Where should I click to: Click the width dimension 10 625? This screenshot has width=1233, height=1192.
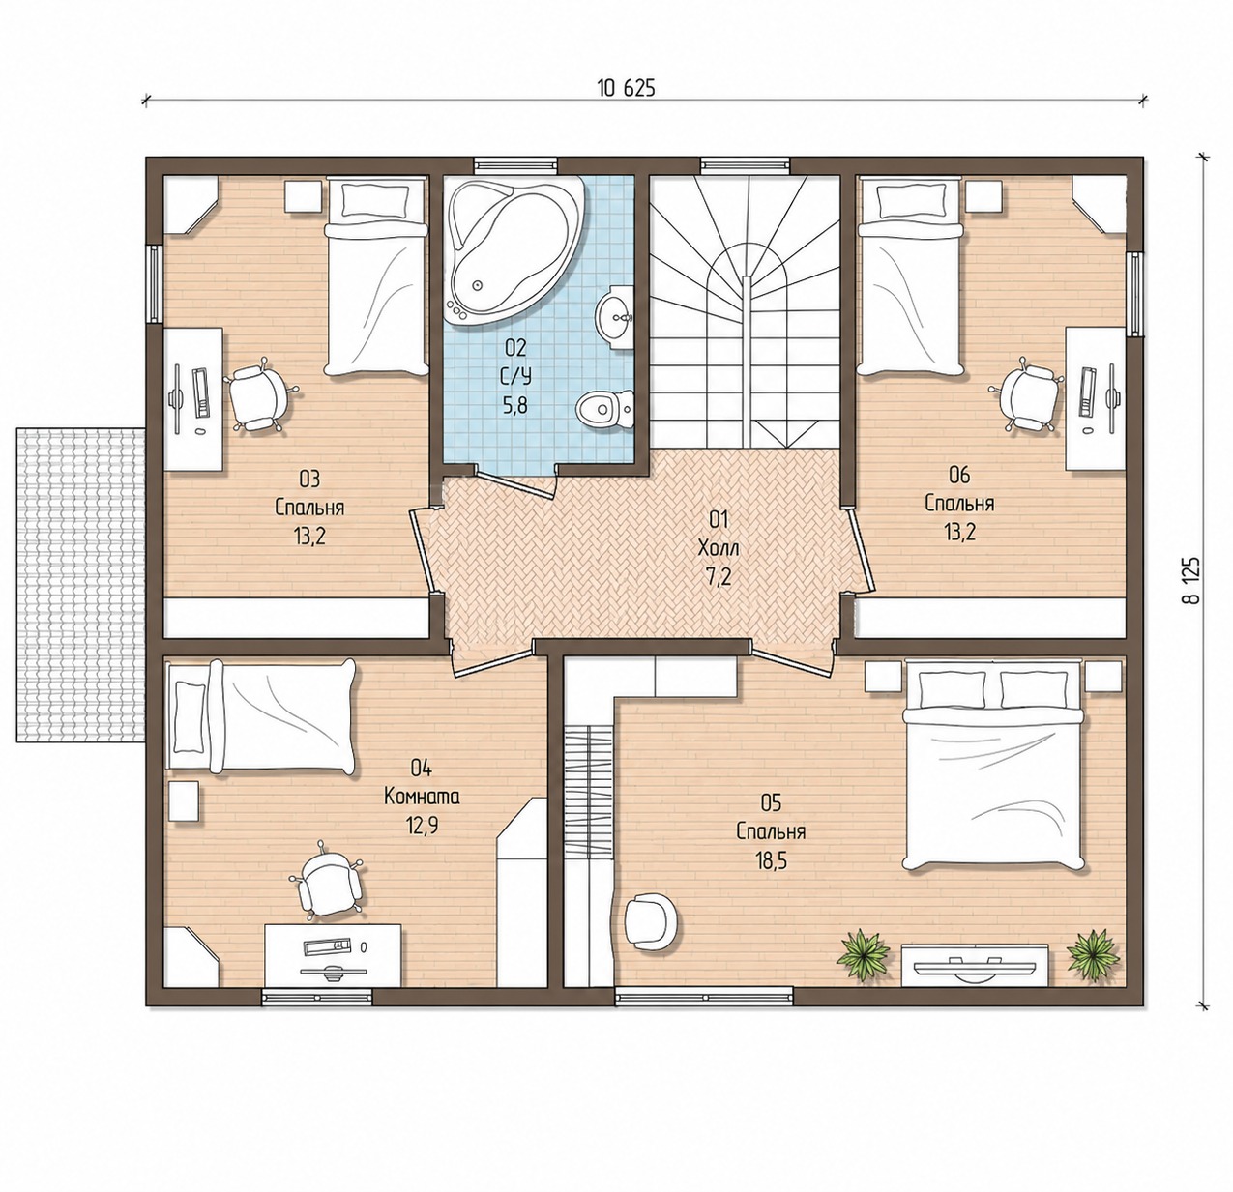pos(626,89)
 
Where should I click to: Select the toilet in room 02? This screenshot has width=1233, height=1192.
pos(605,409)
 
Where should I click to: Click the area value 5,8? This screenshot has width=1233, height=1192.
pos(515,405)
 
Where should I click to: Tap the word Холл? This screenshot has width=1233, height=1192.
pos(719,548)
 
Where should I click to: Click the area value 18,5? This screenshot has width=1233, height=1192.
pos(771,861)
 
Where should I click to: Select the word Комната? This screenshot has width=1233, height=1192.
pos(422,797)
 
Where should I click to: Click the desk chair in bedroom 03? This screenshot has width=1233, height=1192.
pos(260,395)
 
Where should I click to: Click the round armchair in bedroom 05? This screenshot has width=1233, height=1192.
pos(652,921)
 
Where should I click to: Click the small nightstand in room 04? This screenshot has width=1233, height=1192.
pos(184,801)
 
